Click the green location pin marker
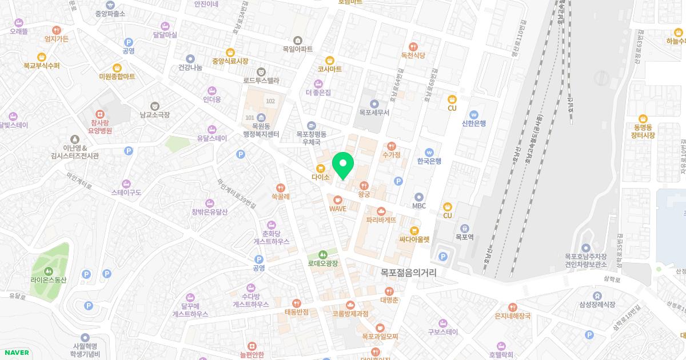pos(343,166)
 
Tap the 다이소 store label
pos(321,178)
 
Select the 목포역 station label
pos(464,236)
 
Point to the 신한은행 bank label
pos(473,123)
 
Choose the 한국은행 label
pos(429,161)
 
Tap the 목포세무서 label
pos(374,113)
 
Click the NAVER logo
pos(16,353)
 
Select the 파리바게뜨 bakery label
pos(381,219)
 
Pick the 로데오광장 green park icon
pos(323,254)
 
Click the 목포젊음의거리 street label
pos(408,273)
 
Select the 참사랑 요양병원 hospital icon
pos(101,114)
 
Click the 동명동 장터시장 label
pos(643,131)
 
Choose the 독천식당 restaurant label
pos(413,55)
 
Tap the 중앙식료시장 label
pos(230,61)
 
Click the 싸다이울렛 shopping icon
pos(414,230)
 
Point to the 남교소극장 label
pos(154,114)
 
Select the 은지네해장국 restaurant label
pos(513,316)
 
